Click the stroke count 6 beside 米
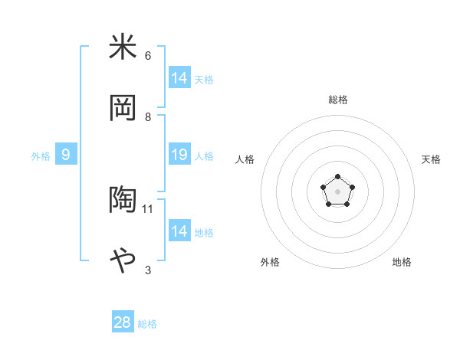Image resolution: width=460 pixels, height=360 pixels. coord(148,56)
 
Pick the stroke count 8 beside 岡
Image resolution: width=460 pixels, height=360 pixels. coord(148,116)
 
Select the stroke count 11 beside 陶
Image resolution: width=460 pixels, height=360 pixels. coord(149,208)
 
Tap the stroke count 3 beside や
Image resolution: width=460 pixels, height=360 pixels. coord(148,270)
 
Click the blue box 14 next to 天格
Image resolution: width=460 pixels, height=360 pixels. coord(179,78)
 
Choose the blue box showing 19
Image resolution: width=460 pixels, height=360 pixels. coord(179,155)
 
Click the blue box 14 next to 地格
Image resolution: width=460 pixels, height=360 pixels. coord(179,231)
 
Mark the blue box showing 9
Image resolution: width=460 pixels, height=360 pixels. coord(66,155)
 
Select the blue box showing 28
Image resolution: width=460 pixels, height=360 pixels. coord(122,322)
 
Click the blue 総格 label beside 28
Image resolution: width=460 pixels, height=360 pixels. coord(147,324)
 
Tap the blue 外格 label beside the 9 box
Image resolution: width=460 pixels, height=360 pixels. coord(41,156)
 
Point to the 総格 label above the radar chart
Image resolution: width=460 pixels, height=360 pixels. coord(338,100)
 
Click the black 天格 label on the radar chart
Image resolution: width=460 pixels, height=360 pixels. coord(431,159)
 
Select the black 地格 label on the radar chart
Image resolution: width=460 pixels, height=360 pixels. coord(402,262)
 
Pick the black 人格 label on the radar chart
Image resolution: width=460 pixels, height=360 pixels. coord(245,159)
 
